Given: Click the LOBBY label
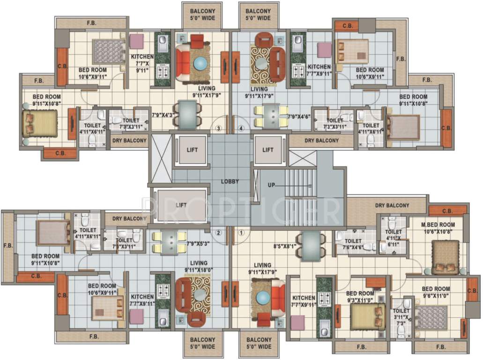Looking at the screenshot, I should click(230, 181).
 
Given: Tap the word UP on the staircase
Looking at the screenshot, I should click(271, 185).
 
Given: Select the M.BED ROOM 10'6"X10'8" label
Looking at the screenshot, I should click(438, 228).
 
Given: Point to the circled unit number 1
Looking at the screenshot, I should click(242, 232).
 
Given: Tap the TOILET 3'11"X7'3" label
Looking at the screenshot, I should click(401, 317).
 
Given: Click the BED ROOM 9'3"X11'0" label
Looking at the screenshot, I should click(360, 296).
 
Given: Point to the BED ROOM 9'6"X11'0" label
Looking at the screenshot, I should click(436, 292).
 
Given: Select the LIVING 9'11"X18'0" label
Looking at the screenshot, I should click(196, 266).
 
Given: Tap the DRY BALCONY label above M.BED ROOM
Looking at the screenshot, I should click(392, 205).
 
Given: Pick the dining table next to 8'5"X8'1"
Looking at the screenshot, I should click(312, 246).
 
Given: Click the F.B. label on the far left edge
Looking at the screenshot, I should click(7, 246).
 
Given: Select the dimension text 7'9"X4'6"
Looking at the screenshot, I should click(299, 116).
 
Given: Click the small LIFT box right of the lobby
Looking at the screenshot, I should click(268, 150).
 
